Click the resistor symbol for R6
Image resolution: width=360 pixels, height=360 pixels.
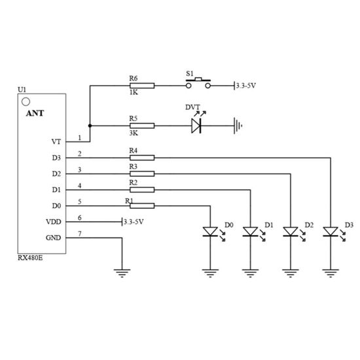tap(142, 86)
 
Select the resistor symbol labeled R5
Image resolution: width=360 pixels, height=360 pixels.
tap(142, 126)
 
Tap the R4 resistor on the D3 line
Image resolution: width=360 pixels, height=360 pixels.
tap(142, 158)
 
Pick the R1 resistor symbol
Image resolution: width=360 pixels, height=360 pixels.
tap(142, 206)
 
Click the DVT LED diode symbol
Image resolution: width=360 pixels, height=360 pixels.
tap(196, 126)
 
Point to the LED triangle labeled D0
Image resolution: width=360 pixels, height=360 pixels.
tap(210, 232)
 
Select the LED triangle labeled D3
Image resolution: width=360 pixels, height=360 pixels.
tap(331, 232)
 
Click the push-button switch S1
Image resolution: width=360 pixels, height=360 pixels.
tap(198, 83)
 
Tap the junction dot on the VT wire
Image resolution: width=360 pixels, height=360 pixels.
tap(90, 126)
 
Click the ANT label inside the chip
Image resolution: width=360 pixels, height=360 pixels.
tap(35, 113)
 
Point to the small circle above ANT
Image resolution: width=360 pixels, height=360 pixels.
tap(26, 101)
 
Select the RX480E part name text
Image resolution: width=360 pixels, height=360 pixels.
tap(30, 258)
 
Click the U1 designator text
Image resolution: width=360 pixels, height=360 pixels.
tap(22, 90)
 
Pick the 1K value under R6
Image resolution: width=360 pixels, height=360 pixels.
tap(134, 92)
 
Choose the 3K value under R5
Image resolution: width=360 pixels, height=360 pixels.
tap(134, 133)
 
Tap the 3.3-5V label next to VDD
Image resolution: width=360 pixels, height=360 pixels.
tap(134, 222)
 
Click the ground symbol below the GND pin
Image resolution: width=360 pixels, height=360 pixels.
tap(122, 273)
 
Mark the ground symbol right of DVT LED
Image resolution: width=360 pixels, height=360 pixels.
tap(238, 126)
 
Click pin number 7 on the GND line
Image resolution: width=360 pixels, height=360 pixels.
tap(80, 234)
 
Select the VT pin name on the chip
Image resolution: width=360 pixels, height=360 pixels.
tap(56, 141)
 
